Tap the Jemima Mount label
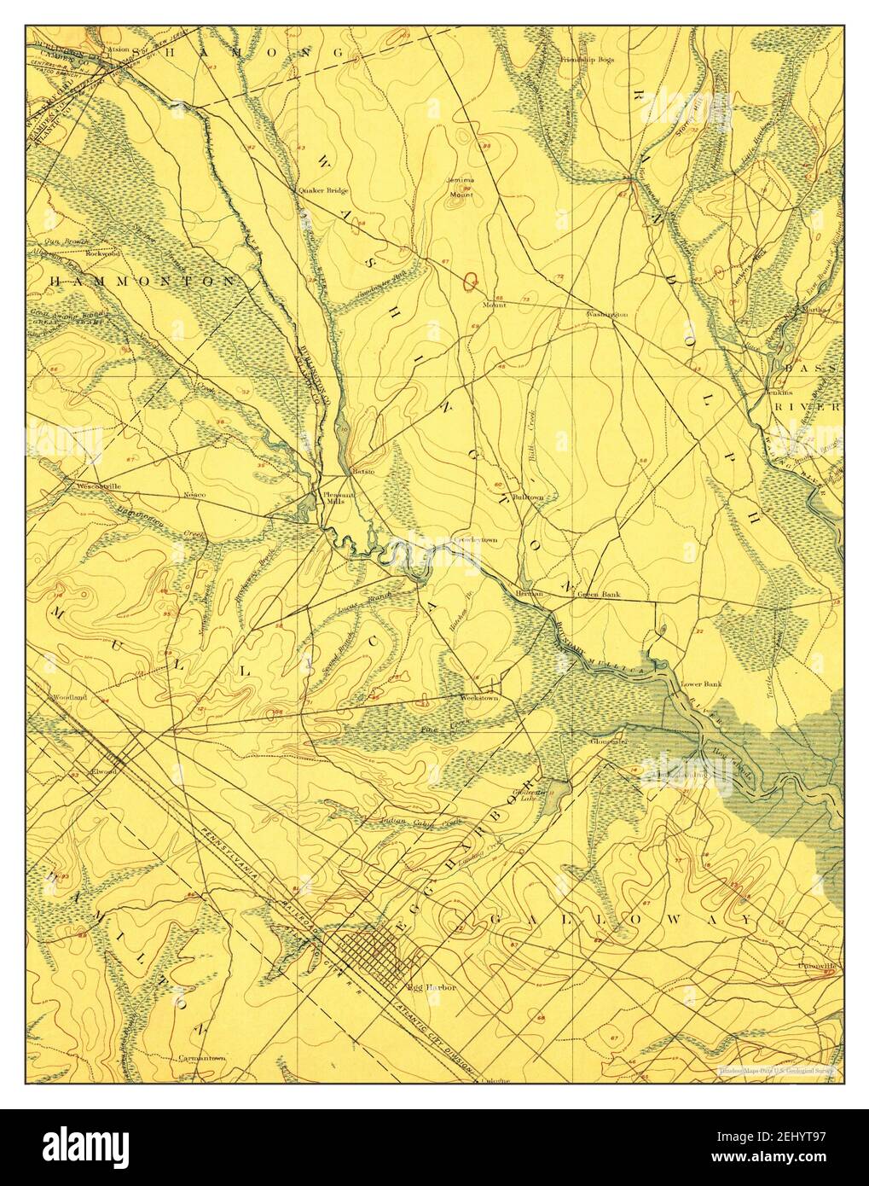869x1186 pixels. tap(461, 188)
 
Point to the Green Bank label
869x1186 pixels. tap(598, 594)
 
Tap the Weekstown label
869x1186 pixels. tap(478, 698)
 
